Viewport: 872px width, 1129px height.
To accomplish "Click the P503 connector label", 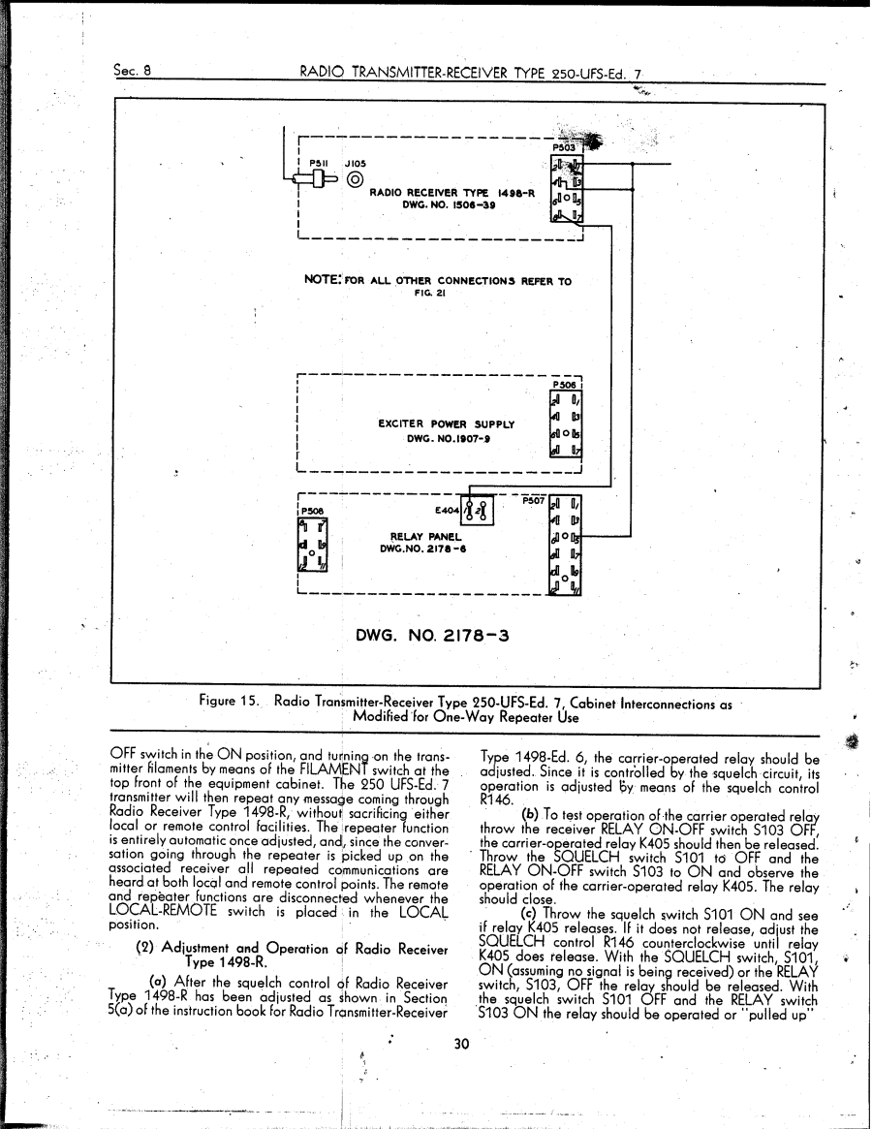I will [x=564, y=148].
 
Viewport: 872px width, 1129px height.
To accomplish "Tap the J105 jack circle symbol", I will [x=355, y=179].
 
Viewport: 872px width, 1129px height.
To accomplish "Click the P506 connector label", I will [x=564, y=382].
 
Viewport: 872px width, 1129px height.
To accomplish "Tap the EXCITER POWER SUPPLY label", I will [x=445, y=423].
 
